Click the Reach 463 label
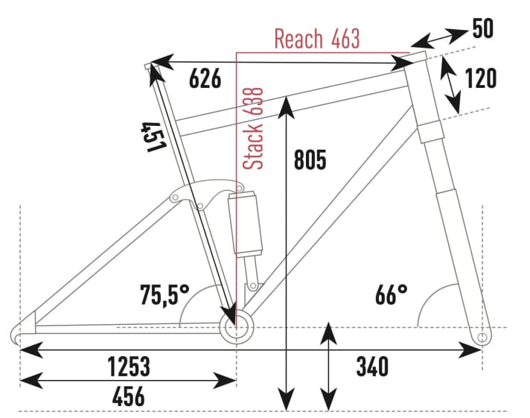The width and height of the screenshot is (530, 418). pyautogui.click(x=316, y=39)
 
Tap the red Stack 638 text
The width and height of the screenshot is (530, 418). pyautogui.click(x=255, y=128)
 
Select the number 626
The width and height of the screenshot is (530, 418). pyautogui.click(x=205, y=78)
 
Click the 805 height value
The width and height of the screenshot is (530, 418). pyautogui.click(x=310, y=159)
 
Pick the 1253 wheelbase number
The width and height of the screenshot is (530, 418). pyautogui.click(x=128, y=367)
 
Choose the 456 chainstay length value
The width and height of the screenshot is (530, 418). pyautogui.click(x=128, y=396)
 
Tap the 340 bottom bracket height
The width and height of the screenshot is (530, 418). pyautogui.click(x=372, y=367)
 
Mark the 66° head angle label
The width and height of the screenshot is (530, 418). pyautogui.click(x=391, y=294)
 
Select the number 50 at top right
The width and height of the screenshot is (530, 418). pyautogui.click(x=483, y=29)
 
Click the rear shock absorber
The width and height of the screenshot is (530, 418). pyautogui.click(x=246, y=224)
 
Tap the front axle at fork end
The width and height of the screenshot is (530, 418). pyautogui.click(x=482, y=338)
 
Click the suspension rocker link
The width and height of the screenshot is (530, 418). pyautogui.click(x=199, y=194)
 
